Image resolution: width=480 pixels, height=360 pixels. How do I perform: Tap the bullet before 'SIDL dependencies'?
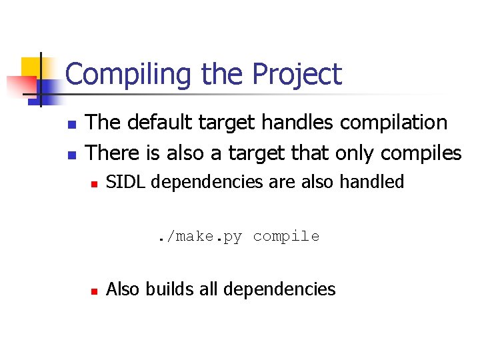pyautogui.click(x=94, y=183)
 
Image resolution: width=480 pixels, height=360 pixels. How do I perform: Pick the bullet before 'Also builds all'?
pyautogui.click(x=94, y=291)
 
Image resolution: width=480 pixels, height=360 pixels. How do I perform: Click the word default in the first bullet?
pyautogui.click(x=155, y=123)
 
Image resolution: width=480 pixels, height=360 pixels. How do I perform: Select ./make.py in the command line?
pyautogui.click(x=200, y=237)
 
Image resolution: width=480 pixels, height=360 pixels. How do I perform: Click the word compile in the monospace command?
pyautogui.click(x=286, y=237)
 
